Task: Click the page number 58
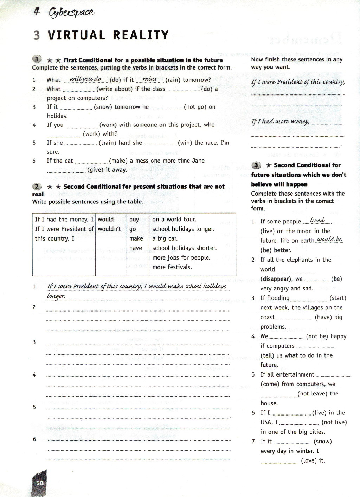(x=40, y=483)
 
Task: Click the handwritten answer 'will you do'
(x=85, y=79)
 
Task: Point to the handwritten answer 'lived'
(x=317, y=220)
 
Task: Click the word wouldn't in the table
(x=109, y=229)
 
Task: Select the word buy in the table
(x=134, y=219)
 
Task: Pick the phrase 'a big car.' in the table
(x=165, y=238)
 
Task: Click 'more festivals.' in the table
(x=172, y=267)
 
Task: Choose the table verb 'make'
(x=136, y=238)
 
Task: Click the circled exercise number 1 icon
(x=37, y=59)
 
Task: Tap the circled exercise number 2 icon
(x=37, y=186)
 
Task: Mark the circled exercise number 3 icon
(x=257, y=165)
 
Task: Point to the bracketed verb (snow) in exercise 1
(x=103, y=107)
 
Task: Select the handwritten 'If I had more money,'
(x=281, y=122)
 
